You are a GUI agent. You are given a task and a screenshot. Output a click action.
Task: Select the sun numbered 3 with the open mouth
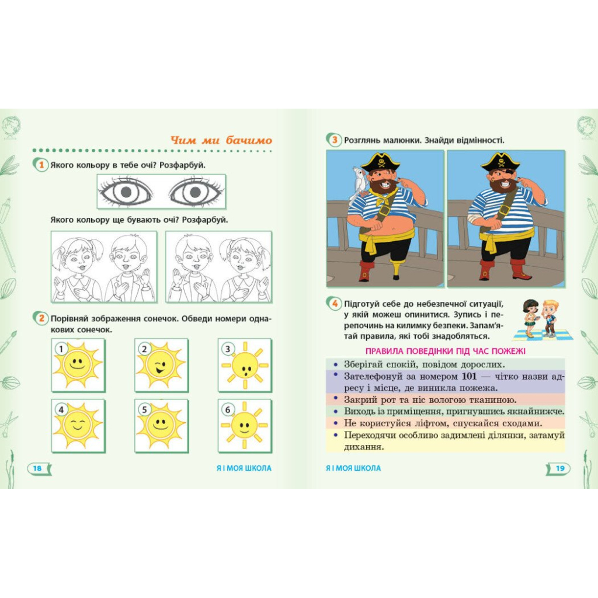click(245, 366)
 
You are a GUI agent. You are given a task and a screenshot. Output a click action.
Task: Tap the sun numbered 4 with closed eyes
click(78, 426)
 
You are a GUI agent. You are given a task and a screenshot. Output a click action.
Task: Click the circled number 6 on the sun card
click(228, 410)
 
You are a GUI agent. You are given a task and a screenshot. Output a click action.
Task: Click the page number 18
click(37, 468)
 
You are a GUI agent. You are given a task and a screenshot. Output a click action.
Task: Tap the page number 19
click(560, 468)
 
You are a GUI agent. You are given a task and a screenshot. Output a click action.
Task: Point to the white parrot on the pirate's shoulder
click(359, 183)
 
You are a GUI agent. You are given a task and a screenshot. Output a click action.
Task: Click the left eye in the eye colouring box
click(126, 192)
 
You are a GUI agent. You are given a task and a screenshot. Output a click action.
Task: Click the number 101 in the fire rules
click(469, 377)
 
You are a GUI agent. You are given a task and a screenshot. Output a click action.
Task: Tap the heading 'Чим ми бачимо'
click(221, 140)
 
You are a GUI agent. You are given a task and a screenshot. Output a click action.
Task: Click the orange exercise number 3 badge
click(335, 140)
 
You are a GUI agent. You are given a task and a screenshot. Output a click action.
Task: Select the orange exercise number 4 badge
click(335, 304)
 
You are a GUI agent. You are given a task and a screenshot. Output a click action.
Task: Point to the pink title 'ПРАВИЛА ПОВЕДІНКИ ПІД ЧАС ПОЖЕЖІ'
click(446, 351)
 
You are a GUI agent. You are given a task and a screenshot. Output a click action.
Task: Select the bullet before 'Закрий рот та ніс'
click(336, 398)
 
